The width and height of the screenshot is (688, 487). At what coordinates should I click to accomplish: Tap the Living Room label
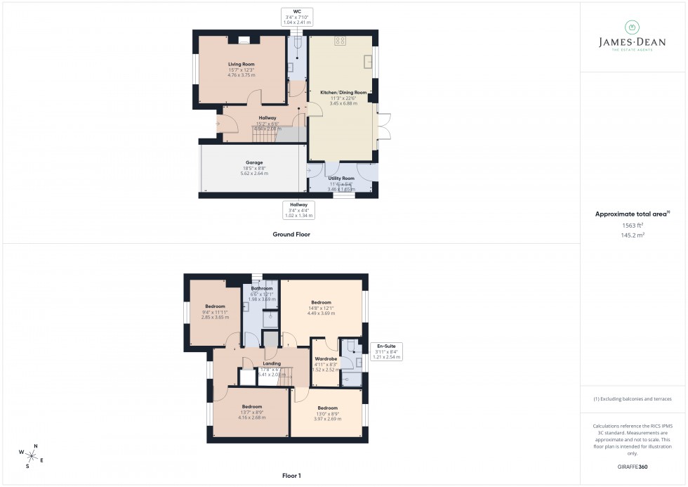(241, 64)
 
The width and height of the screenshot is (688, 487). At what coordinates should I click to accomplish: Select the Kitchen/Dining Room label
(343, 92)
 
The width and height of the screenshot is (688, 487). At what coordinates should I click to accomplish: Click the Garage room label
(254, 162)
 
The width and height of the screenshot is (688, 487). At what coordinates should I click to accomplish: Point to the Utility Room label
(341, 178)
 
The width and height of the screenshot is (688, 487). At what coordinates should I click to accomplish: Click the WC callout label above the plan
(296, 11)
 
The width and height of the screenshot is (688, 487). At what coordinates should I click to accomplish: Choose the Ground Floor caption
(291, 234)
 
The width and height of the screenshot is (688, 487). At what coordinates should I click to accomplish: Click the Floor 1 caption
(291, 476)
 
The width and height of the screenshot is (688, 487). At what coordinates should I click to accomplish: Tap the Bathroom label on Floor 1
(262, 288)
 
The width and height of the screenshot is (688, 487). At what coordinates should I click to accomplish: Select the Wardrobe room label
(325, 358)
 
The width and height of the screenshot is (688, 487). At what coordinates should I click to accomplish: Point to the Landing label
(272, 363)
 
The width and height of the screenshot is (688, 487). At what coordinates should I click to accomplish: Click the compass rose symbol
(32, 455)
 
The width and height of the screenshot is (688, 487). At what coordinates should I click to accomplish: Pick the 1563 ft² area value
(633, 225)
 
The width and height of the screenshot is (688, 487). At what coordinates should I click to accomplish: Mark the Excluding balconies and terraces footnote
(633, 398)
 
